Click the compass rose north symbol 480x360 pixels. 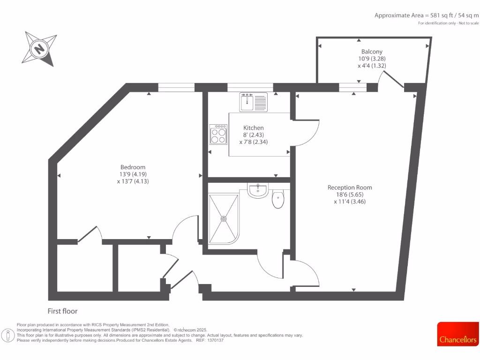click(x=39, y=48)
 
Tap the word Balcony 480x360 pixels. click(x=372, y=52)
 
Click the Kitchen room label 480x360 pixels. click(x=253, y=127)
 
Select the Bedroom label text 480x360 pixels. click(x=133, y=167)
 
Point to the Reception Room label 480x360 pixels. click(x=350, y=187)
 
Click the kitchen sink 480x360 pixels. click(x=253, y=102)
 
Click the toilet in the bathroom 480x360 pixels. click(x=277, y=199)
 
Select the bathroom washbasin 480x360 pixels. click(x=257, y=190)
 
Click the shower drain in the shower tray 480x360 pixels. click(x=224, y=218)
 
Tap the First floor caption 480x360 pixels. click(x=62, y=311)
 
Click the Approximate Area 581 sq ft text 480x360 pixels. click(x=427, y=15)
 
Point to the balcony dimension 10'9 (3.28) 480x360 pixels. click(x=372, y=59)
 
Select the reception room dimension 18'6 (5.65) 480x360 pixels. click(x=350, y=195)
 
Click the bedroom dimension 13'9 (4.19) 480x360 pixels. click(x=133, y=174)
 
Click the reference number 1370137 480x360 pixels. click(x=215, y=340)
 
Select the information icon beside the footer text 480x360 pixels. click(x=7, y=335)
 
